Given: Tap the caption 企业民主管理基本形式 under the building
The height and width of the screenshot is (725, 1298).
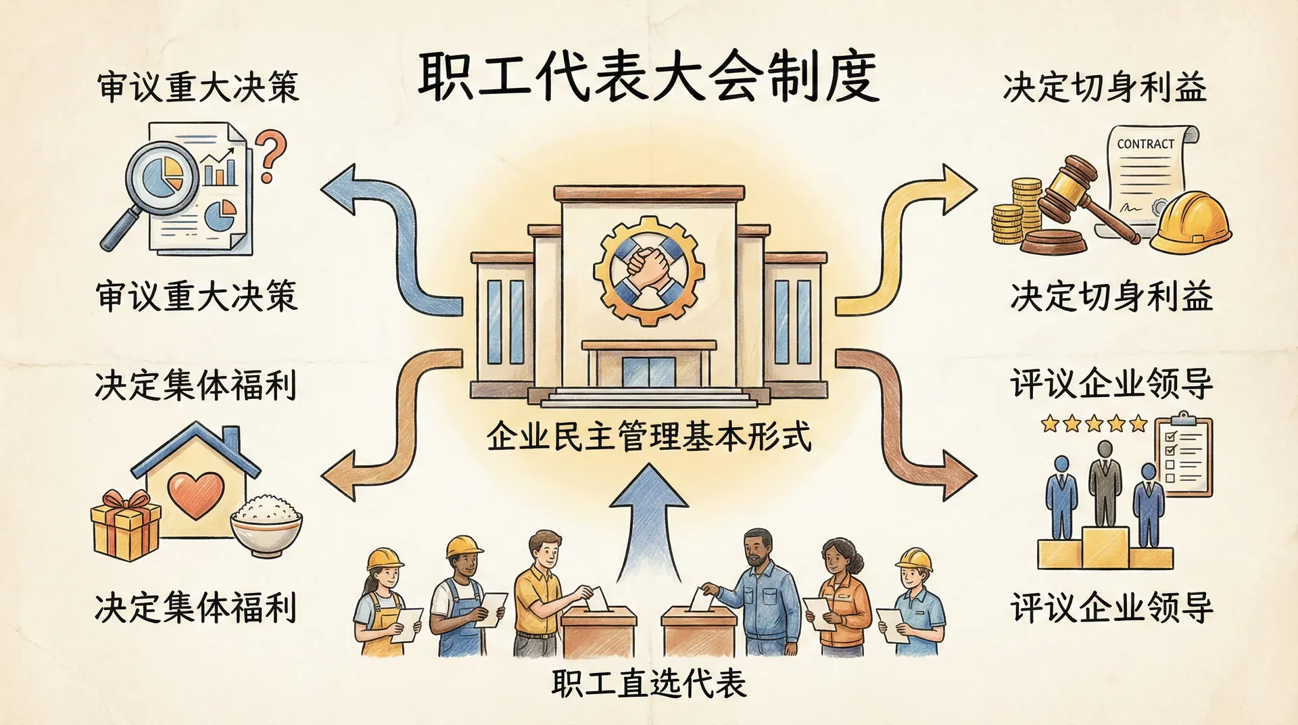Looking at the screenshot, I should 648,437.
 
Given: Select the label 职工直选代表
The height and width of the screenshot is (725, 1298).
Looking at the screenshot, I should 648,683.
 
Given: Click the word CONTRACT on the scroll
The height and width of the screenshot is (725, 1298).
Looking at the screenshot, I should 1145,144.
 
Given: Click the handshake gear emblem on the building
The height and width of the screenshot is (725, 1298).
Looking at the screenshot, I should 648,269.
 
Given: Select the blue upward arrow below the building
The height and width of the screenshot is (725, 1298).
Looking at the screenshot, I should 648,521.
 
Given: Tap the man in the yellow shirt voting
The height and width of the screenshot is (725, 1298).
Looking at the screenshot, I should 541,588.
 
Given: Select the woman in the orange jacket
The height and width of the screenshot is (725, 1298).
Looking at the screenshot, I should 842,595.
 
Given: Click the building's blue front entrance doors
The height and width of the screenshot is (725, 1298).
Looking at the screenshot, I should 648,372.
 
